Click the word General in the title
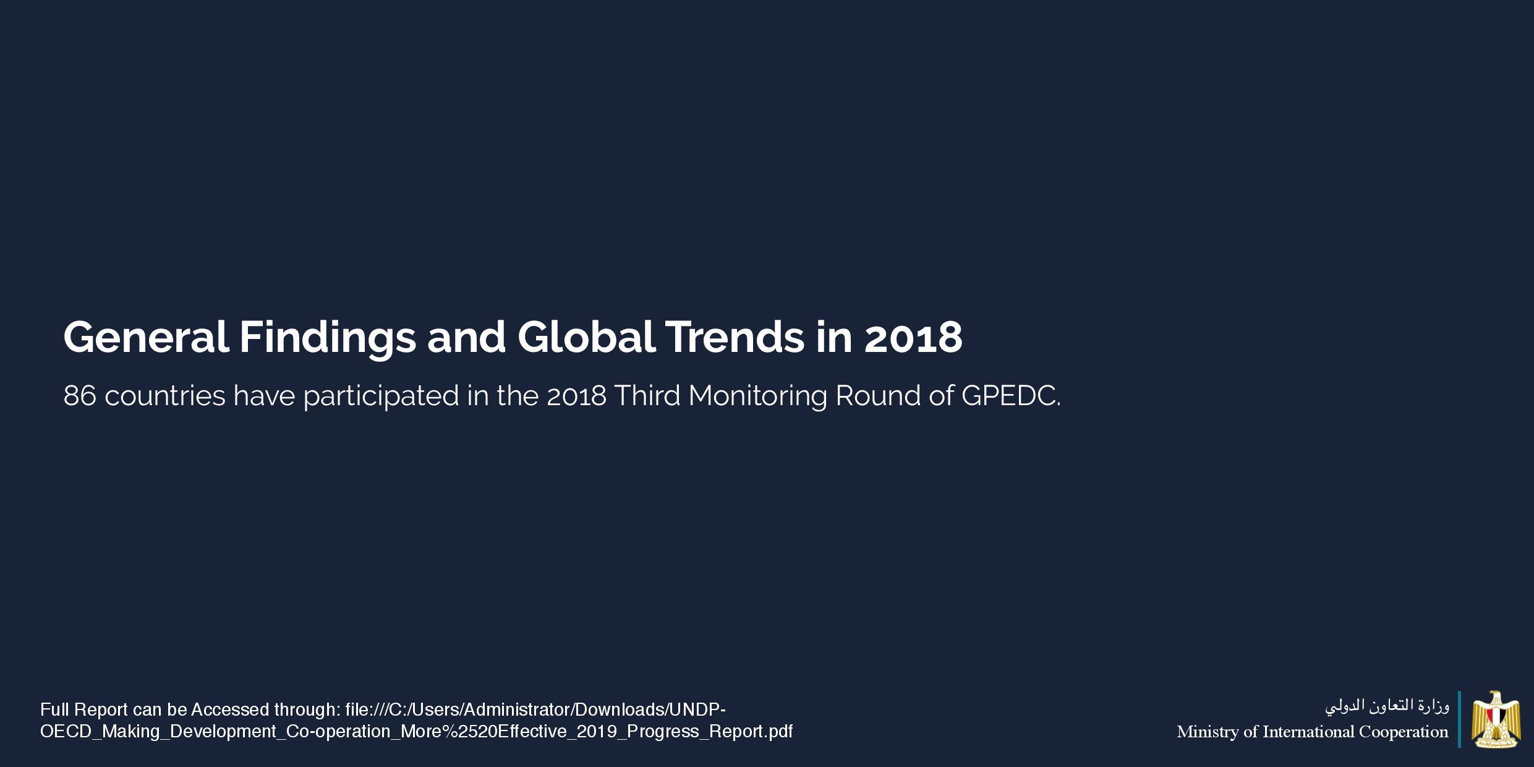(x=146, y=338)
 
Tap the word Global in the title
(x=586, y=338)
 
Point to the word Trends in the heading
(x=735, y=338)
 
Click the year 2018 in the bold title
(x=913, y=338)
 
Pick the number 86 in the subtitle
(x=80, y=396)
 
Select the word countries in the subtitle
(x=164, y=396)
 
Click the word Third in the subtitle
(x=647, y=396)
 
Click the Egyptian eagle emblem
(x=1496, y=719)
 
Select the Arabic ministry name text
(x=1387, y=706)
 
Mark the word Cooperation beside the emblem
(x=1404, y=732)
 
